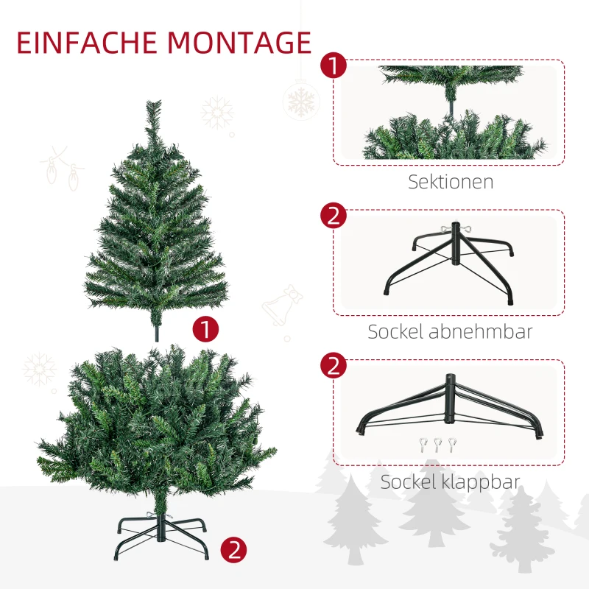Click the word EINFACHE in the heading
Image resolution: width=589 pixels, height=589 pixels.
pyautogui.click(x=87, y=43)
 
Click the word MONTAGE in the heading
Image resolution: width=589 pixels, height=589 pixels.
pyautogui.click(x=240, y=43)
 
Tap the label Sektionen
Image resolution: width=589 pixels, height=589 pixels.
pyautogui.click(x=451, y=182)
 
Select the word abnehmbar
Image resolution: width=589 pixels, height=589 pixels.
pyautogui.click(x=481, y=332)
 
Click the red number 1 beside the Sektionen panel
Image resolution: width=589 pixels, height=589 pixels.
pyautogui.click(x=334, y=66)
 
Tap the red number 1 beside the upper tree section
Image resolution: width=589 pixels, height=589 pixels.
pyautogui.click(x=205, y=329)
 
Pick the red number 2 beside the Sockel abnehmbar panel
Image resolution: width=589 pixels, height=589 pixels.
pyautogui.click(x=334, y=216)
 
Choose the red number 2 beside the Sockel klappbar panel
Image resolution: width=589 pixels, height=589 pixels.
pyautogui.click(x=334, y=365)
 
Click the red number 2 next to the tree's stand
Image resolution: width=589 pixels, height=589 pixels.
pyautogui.click(x=233, y=550)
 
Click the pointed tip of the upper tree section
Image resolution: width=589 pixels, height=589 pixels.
pyautogui.click(x=154, y=102)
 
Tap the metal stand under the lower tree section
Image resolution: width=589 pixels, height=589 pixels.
pyautogui.click(x=161, y=537)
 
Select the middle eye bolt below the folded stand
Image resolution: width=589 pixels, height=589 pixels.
pyautogui.click(x=437, y=445)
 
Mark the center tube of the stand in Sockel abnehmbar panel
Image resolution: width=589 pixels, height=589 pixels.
pyautogui.click(x=456, y=244)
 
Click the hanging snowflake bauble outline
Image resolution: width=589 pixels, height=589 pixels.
pyautogui.click(x=301, y=101)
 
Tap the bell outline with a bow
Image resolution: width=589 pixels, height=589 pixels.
pyautogui.click(x=283, y=305)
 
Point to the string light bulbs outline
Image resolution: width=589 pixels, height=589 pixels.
pyautogui.click(x=63, y=169)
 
